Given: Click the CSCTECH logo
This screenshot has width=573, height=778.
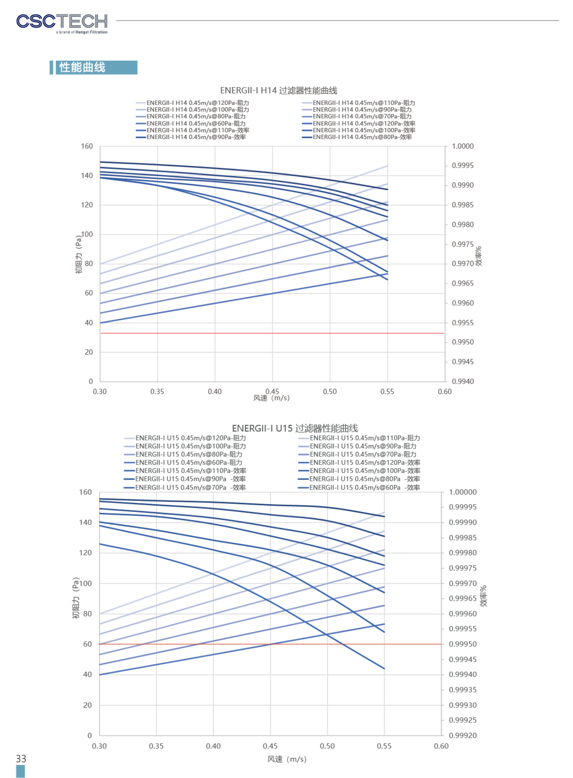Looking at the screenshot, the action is tap(62, 24).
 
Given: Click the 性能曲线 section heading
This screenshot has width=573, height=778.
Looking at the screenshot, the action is tap(82, 67).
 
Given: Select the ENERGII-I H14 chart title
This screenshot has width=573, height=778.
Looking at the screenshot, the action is tap(278, 91).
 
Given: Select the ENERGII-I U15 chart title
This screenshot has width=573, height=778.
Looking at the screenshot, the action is tap(295, 428).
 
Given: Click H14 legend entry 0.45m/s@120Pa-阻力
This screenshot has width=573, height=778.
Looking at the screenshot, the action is tap(192, 103).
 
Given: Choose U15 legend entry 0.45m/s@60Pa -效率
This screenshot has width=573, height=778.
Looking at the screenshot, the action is tap(359, 488).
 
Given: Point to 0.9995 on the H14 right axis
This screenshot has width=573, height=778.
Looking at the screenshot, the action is tap(463, 165).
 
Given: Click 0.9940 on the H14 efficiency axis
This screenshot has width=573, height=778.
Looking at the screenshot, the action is tap(463, 382).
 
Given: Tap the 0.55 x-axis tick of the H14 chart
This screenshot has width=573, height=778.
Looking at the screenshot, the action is tap(387, 392).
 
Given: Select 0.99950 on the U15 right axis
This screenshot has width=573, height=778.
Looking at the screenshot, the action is tap(463, 644).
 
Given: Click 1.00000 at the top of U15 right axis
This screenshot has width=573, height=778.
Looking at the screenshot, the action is tap(463, 492).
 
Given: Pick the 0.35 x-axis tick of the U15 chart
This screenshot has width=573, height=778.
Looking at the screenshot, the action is tap(156, 746).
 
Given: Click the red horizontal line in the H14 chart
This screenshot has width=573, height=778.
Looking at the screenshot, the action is tap(272, 334).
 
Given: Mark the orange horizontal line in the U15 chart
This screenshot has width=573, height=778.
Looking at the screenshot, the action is tap(270, 644).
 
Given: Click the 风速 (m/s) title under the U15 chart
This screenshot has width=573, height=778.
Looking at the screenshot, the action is tap(287, 759).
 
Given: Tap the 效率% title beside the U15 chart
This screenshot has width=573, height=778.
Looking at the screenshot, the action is tap(483, 596).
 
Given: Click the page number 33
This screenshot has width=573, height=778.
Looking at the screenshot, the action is tap(21, 758).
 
